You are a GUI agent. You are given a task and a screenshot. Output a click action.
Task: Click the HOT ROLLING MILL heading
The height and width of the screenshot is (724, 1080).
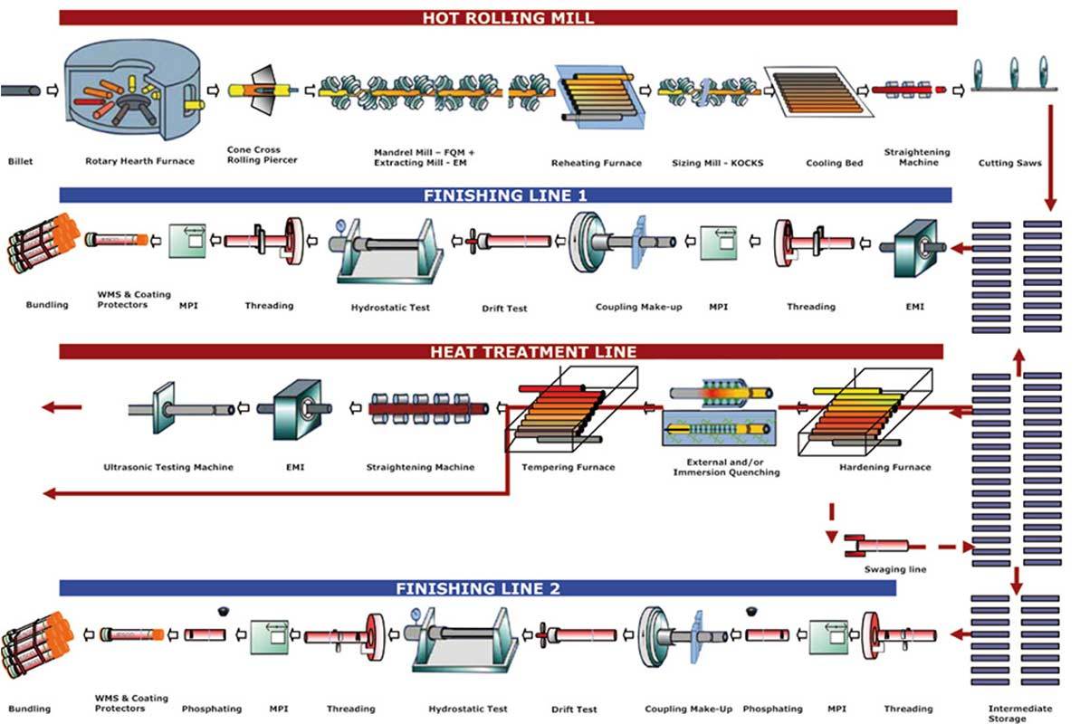508,18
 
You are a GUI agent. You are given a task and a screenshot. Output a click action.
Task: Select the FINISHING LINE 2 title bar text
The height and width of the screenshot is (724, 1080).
477,588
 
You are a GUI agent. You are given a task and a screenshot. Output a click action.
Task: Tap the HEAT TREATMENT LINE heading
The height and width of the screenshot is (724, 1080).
533,352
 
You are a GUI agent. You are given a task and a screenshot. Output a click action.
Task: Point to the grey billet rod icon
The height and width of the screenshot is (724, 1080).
21,90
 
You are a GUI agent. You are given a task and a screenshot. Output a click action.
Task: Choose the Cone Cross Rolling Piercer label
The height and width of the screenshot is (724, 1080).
263,155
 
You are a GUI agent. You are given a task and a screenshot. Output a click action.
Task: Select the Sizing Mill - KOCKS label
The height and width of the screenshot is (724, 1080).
717,163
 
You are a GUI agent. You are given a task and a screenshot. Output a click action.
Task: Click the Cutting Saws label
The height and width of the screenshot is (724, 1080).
1009,163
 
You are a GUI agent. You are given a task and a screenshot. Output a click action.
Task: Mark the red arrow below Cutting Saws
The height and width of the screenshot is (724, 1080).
1050,157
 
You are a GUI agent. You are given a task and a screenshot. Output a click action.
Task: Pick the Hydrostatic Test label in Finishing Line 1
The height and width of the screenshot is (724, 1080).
390,308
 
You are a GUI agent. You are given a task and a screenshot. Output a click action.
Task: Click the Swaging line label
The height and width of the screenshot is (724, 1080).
894,569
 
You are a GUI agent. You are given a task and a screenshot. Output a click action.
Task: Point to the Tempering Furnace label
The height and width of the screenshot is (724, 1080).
569,467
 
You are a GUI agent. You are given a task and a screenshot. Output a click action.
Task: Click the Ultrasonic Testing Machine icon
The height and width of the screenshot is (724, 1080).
181,408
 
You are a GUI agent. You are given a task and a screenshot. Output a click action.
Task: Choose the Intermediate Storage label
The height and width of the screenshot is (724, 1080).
1019,713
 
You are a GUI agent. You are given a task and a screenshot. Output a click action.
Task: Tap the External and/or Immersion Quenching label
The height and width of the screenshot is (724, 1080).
726,467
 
